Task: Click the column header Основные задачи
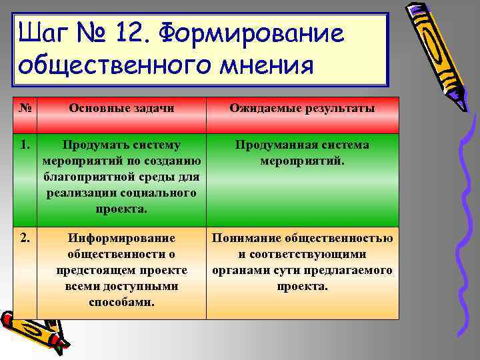pyautogui.click(x=121, y=108)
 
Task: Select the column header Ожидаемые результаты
pyautogui.click(x=302, y=108)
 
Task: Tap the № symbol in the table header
pyautogui.click(x=23, y=108)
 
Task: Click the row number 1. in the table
pyautogui.click(x=23, y=145)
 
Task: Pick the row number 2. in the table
pyautogui.click(x=23, y=238)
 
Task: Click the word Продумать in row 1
pyautogui.click(x=89, y=145)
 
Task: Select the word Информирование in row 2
pyautogui.click(x=121, y=238)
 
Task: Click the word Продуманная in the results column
pyautogui.click(x=267, y=145)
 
